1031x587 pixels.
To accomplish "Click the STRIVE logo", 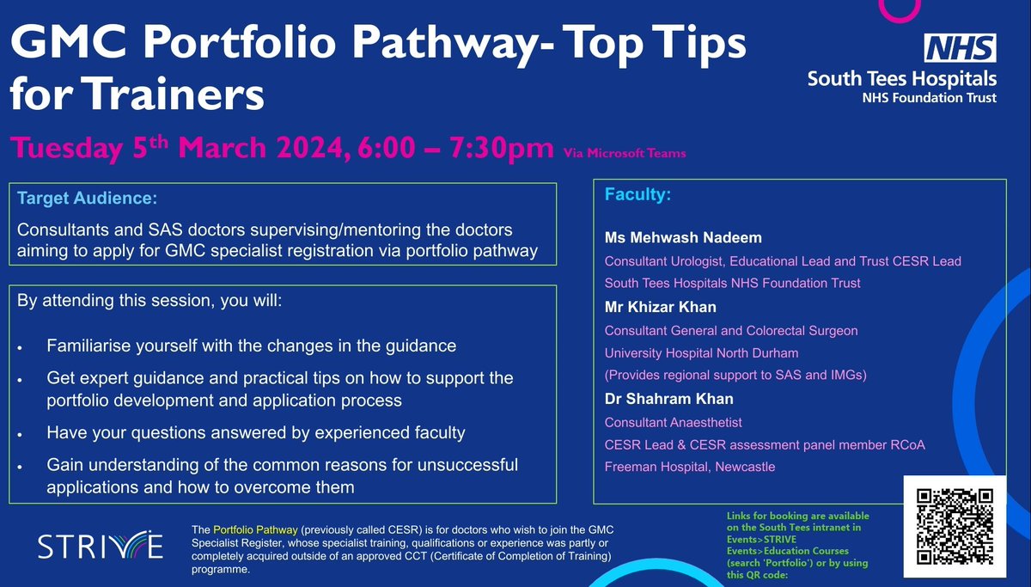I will [100, 546].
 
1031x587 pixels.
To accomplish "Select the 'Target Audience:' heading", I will [87, 199].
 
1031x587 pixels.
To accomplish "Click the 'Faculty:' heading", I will [638, 195].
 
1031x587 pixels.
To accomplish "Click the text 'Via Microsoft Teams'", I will [625, 154].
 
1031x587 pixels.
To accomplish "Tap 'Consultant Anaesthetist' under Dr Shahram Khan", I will [674, 422].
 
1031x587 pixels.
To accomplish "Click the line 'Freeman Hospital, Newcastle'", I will [690, 467].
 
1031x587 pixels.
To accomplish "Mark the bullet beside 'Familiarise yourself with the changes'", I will [20, 346].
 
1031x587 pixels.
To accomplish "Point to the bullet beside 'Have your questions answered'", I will [20, 434].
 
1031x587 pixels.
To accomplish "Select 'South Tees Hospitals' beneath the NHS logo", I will [901, 78].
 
